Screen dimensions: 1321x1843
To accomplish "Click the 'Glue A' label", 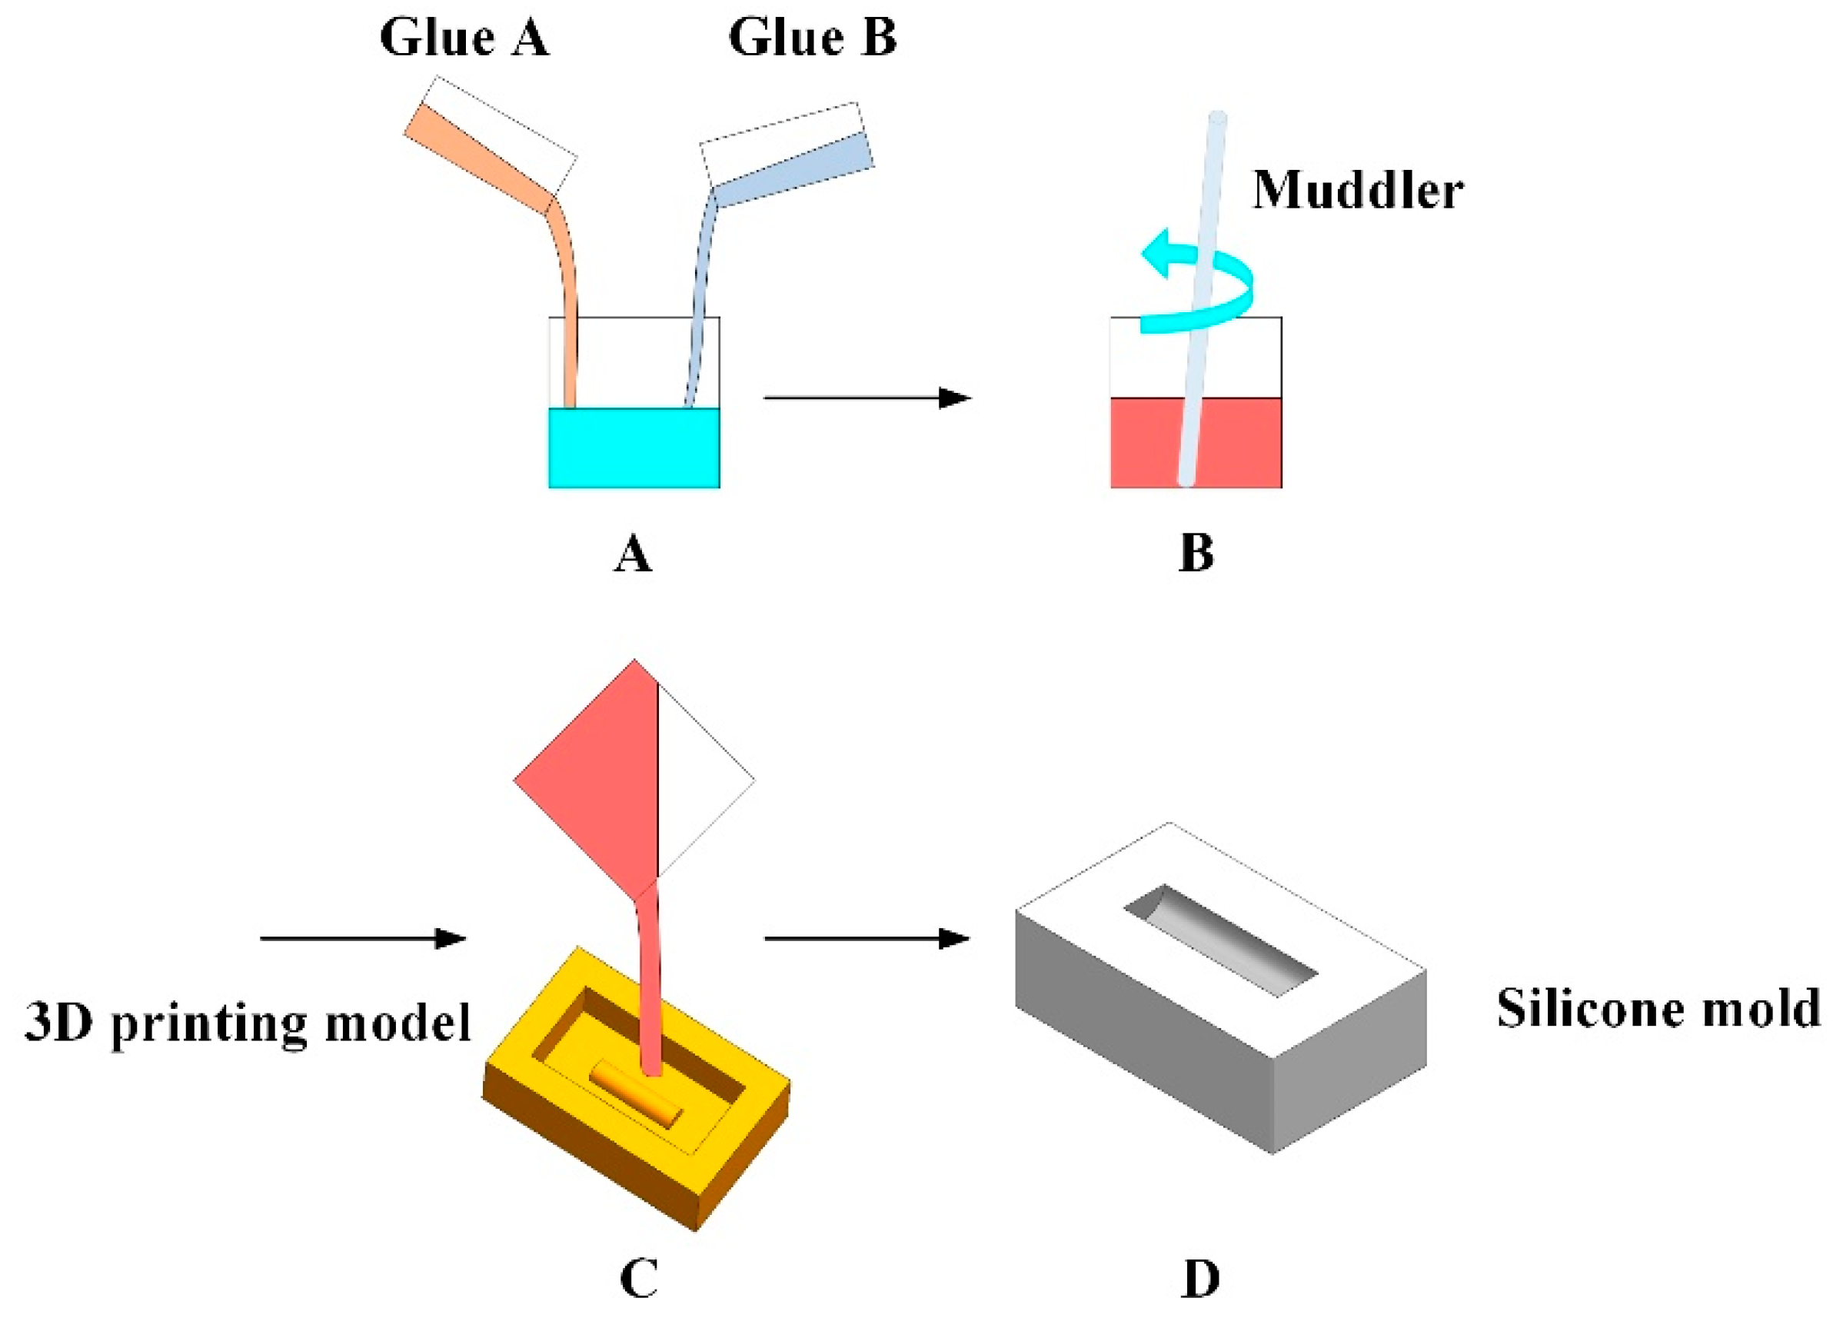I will click(464, 38).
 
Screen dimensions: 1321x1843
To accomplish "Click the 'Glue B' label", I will click(812, 38).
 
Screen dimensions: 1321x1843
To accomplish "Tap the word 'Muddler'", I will click(1357, 191).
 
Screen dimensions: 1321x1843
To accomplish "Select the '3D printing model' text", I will click(248, 1022).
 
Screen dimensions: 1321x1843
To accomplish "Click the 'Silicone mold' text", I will click(1658, 1009).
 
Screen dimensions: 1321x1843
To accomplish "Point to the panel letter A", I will click(632, 555).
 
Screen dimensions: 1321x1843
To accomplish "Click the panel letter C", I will click(638, 1279).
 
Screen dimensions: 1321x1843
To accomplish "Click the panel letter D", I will click(1200, 1279).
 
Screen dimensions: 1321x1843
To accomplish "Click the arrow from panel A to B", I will click(867, 398).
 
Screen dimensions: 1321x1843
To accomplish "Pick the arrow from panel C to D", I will click(867, 939).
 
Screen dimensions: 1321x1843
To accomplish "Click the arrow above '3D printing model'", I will click(362, 939).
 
